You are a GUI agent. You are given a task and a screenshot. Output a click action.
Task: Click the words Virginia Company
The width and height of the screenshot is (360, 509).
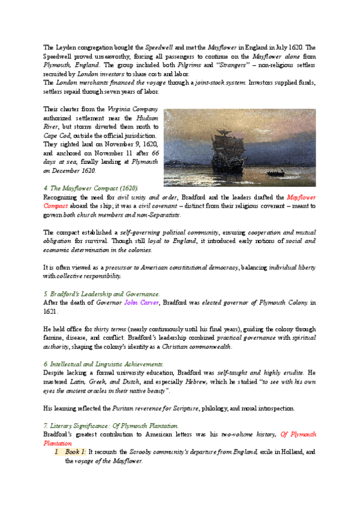coord(132,109)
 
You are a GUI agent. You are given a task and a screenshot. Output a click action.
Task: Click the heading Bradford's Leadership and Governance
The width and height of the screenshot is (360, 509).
coord(102,294)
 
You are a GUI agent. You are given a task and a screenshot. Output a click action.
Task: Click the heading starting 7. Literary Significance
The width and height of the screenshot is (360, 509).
coord(111,426)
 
